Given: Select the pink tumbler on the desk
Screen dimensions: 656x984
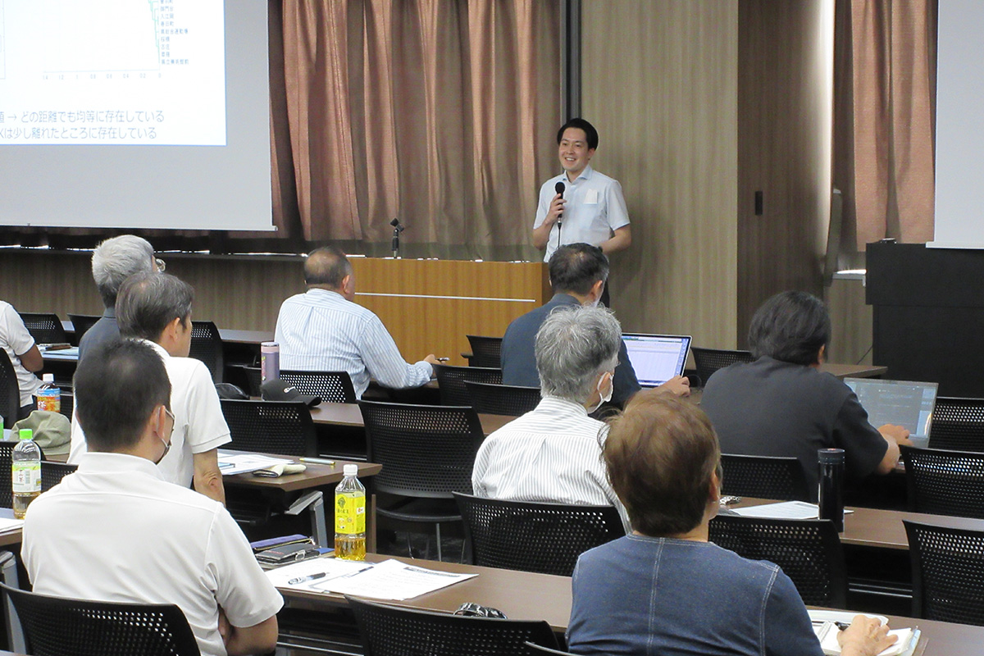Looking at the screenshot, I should [270, 361].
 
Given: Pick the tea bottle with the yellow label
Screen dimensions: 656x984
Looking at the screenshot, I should [350, 515].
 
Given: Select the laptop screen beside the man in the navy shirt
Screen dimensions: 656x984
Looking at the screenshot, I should [656, 359].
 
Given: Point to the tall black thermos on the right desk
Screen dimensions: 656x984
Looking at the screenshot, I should [831, 489].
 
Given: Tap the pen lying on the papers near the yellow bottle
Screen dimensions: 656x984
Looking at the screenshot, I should [307, 578].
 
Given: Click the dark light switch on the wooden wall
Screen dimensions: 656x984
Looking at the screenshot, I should [758, 203].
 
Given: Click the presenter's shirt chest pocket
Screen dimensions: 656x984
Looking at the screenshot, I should [591, 197].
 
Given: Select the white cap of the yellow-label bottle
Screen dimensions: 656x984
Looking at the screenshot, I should [350, 470].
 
